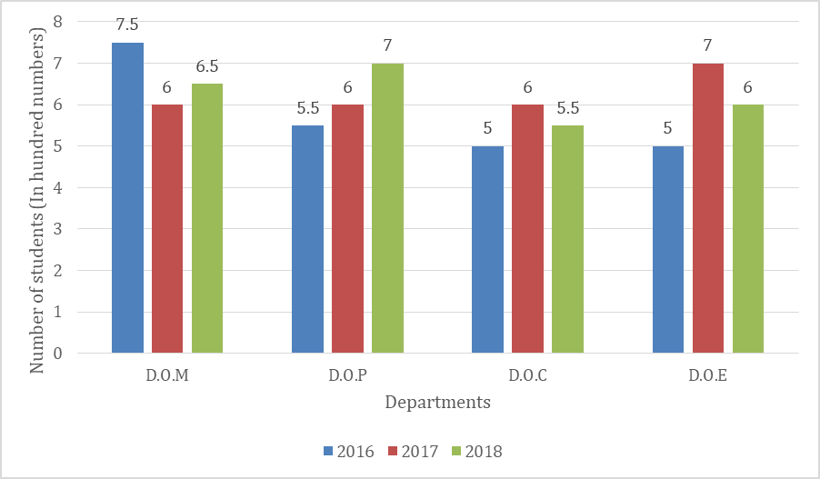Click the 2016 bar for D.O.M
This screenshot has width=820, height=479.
tap(127, 197)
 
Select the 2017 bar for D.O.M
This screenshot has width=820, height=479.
tap(167, 228)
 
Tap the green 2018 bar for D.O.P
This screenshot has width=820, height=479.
tap(387, 207)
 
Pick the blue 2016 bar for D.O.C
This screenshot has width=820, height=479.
tap(488, 249)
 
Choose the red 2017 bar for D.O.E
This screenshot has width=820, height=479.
tap(708, 207)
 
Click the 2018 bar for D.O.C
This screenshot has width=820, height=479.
tap(568, 239)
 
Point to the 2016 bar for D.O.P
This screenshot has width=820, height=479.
tap(307, 239)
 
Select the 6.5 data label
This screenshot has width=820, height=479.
tap(208, 66)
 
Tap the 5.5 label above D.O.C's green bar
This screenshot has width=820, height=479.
tap(568, 108)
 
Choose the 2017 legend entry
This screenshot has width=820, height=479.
tap(413, 451)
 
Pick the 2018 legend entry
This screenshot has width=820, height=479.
tap(476, 451)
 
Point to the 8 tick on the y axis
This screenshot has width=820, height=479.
tap(58, 22)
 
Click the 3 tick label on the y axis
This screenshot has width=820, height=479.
tap(58, 229)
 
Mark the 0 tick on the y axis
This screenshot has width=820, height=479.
tap(58, 354)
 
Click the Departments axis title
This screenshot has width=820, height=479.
tap(437, 402)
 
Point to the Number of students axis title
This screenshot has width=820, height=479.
tap(38, 201)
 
